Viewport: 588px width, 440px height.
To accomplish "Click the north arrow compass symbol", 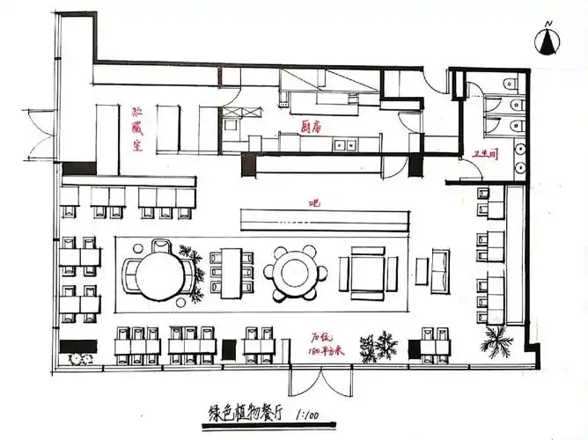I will (548, 40).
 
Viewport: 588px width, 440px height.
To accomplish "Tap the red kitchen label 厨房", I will (311, 126).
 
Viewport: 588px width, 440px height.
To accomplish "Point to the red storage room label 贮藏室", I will (137, 130).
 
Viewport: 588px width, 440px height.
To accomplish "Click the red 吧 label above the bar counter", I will (312, 203).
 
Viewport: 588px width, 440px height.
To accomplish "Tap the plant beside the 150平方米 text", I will (379, 347).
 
